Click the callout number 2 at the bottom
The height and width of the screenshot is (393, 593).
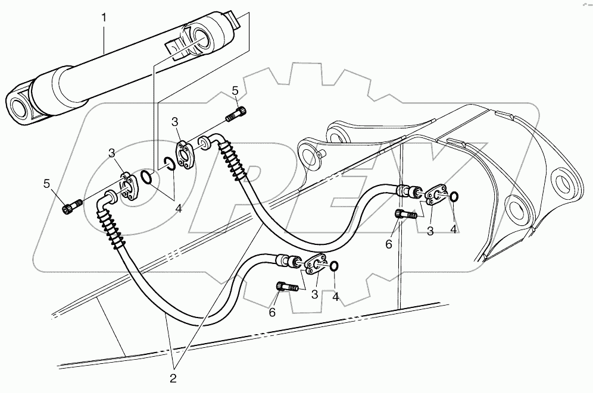click(x=174, y=376)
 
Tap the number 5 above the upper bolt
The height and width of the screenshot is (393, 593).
click(x=235, y=90)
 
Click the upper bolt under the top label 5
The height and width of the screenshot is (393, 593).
click(x=236, y=113)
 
